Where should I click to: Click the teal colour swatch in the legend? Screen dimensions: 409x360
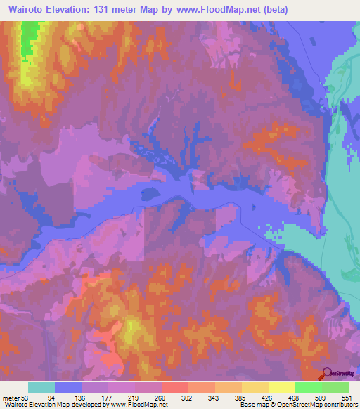pos(41,387)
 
